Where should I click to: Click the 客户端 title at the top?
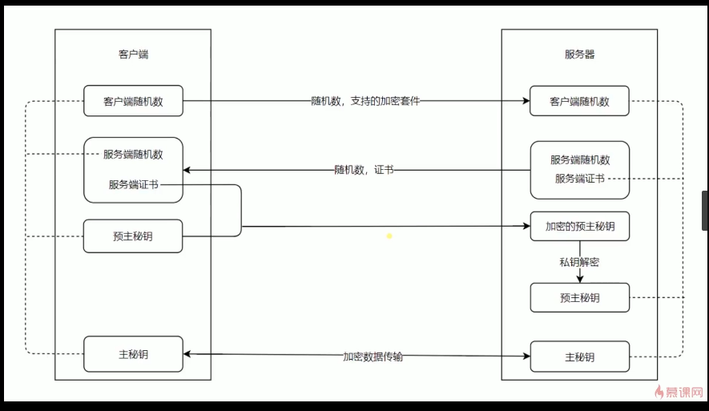(x=133, y=55)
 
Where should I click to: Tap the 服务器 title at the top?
(x=579, y=55)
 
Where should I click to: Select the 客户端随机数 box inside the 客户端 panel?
(x=133, y=102)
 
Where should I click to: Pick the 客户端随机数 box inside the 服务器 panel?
(x=579, y=102)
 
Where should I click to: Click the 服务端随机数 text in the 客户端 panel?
(x=133, y=154)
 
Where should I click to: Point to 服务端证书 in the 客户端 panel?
(x=133, y=184)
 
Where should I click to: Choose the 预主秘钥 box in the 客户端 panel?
(x=133, y=236)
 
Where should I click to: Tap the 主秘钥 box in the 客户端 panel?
(x=133, y=353)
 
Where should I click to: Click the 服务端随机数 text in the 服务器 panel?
(x=579, y=159)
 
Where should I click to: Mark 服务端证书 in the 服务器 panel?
(x=579, y=179)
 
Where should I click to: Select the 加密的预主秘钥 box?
(x=579, y=227)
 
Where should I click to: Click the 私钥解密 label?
(x=579, y=262)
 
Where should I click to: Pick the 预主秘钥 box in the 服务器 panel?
(x=579, y=298)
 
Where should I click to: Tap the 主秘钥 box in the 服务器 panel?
(x=579, y=357)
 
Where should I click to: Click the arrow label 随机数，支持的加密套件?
(x=365, y=102)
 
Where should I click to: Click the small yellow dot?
(x=389, y=236)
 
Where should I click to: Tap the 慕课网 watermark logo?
(x=679, y=393)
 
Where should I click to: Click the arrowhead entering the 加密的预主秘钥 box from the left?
(x=526, y=227)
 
